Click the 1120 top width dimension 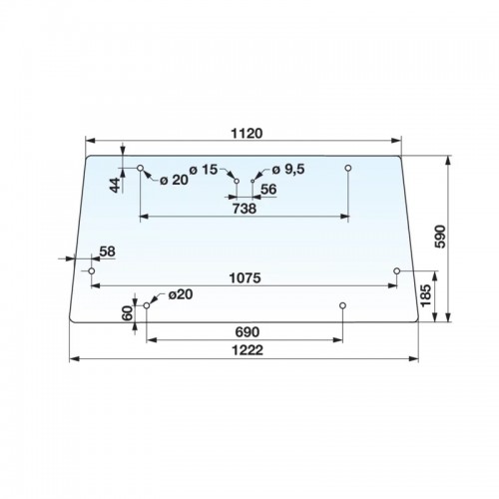(247, 133)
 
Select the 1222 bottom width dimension (247, 350)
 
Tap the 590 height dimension (440, 237)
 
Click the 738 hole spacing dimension (245, 209)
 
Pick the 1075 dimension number (246, 277)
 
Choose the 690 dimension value (247, 332)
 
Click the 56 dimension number (268, 189)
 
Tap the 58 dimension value (107, 251)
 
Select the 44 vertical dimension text (115, 186)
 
